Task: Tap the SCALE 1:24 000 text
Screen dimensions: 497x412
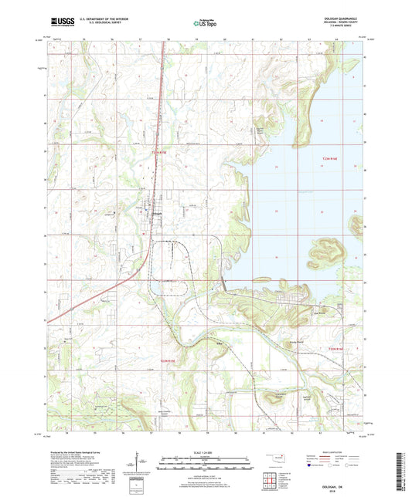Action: tap(205, 451)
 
